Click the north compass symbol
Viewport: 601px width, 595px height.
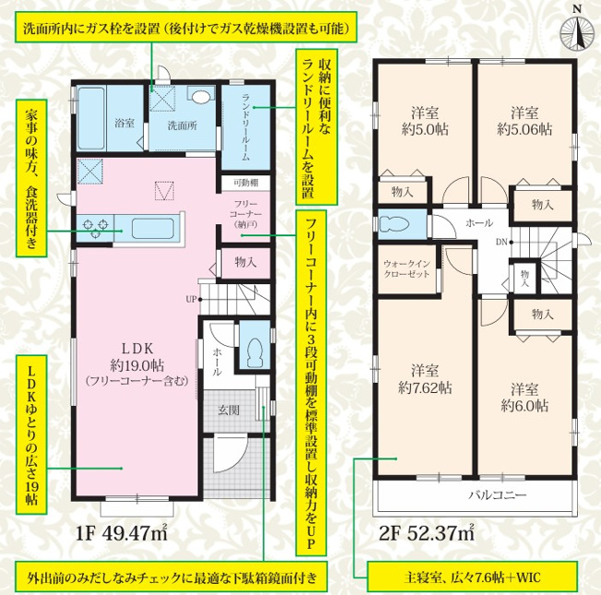[x=576, y=32]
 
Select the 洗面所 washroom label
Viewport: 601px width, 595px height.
[x=183, y=125]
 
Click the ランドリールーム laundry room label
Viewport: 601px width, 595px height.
[x=246, y=127]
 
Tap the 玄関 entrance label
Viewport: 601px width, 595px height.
[x=229, y=411]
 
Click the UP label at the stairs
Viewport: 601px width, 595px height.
[x=191, y=299]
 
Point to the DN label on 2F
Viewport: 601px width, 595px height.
[x=501, y=242]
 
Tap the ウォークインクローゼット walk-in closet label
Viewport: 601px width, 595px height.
[x=407, y=268]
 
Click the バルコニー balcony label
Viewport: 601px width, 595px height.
[x=498, y=494]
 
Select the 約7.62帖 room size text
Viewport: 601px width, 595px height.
[x=425, y=387]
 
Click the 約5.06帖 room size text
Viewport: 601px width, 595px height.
[x=524, y=129]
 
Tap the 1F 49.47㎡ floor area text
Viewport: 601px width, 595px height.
[x=122, y=534]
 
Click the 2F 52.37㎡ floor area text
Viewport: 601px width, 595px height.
[x=426, y=534]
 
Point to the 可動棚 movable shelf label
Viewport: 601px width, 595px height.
[x=246, y=183]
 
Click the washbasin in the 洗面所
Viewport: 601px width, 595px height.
[x=202, y=96]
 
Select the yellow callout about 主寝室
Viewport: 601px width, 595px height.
[x=472, y=577]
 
